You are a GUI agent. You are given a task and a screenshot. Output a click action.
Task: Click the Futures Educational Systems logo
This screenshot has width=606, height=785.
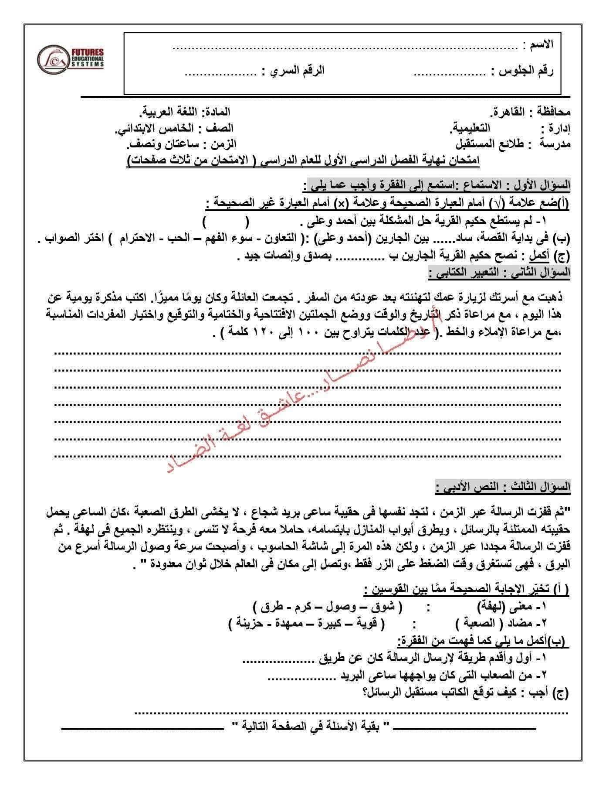pyautogui.click(x=71, y=58)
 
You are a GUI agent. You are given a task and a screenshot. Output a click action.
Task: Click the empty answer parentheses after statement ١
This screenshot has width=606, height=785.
pyautogui.click(x=226, y=222)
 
